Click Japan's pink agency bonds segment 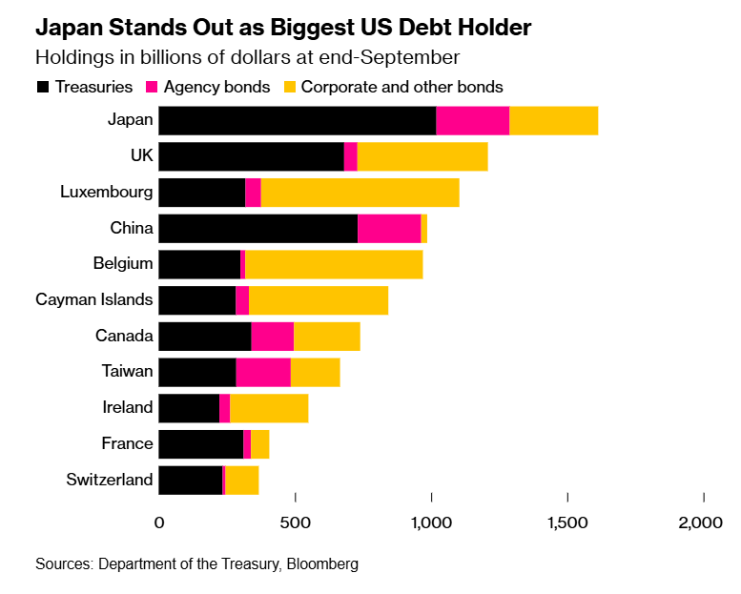tap(472, 121)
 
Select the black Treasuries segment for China tap(257, 229)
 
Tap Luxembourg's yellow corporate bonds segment tap(360, 193)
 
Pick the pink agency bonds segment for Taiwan tap(263, 372)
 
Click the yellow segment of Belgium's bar tap(334, 264)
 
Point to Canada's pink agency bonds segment tap(272, 337)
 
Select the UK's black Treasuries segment tap(251, 156)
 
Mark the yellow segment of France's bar tap(259, 443)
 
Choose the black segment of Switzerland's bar tap(190, 480)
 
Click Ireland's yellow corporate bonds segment tap(269, 408)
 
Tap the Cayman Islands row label tap(94, 299)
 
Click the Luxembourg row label tap(106, 192)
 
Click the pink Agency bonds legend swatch tap(151, 87)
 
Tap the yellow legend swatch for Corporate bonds tap(290, 87)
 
